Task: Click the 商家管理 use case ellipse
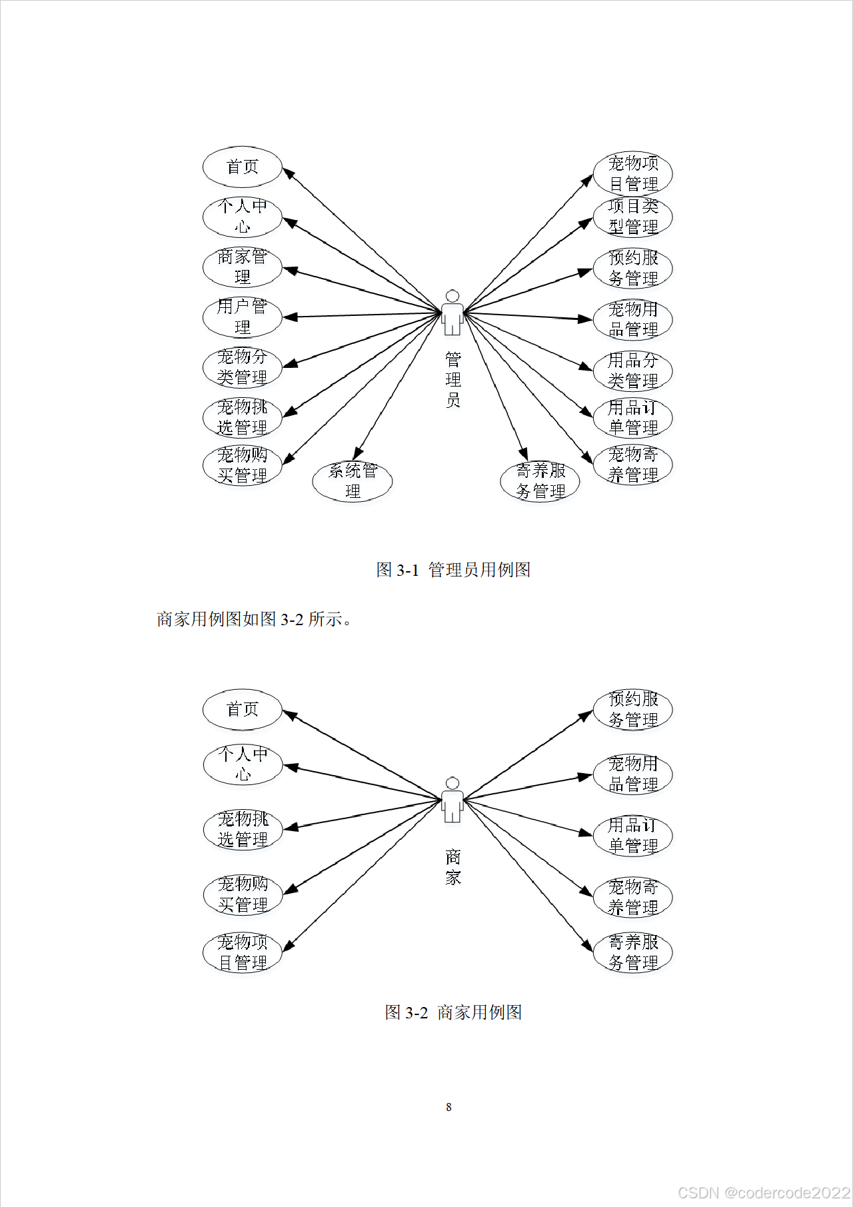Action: pyautogui.click(x=243, y=267)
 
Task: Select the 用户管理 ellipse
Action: pyautogui.click(x=243, y=317)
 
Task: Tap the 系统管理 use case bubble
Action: pyautogui.click(x=353, y=481)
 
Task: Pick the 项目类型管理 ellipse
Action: pyautogui.click(x=633, y=217)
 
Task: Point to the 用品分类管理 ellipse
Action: pyautogui.click(x=633, y=371)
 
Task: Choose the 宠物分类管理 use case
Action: pyautogui.click(x=243, y=367)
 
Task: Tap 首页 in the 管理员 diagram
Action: pyautogui.click(x=243, y=167)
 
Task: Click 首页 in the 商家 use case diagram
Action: pyautogui.click(x=243, y=709)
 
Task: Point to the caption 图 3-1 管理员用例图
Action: pyautogui.click(x=453, y=570)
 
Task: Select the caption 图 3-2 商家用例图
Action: pyautogui.click(x=453, y=1012)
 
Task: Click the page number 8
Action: pyautogui.click(x=448, y=1107)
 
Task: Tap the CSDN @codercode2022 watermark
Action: pyautogui.click(x=764, y=1192)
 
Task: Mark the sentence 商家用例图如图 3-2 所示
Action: pyautogui.click(x=254, y=619)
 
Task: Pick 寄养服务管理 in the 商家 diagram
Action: pyautogui.click(x=633, y=952)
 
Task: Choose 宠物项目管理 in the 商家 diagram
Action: pyautogui.click(x=243, y=952)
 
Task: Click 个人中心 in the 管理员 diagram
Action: pyautogui.click(x=243, y=217)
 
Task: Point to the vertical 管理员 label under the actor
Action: pyautogui.click(x=453, y=380)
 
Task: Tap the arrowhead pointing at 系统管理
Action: pyautogui.click(x=358, y=453)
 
